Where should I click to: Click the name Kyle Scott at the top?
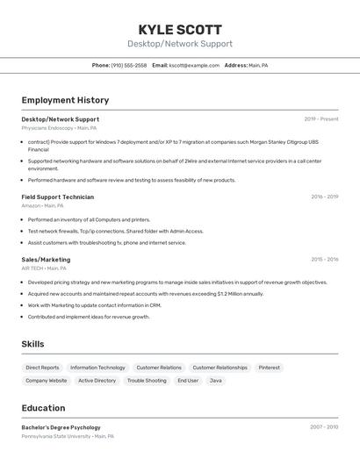(180, 29)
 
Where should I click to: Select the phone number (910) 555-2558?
(129, 65)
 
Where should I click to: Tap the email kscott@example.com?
(194, 65)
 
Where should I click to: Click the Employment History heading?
(65, 100)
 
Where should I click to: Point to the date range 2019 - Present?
(320, 119)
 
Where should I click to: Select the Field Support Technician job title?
(57, 197)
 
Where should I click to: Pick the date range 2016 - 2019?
(324, 197)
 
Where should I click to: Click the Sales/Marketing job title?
(46, 260)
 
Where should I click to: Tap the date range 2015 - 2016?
(324, 260)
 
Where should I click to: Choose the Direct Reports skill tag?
(42, 368)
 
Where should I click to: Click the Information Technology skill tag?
(97, 368)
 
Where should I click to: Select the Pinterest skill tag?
(269, 368)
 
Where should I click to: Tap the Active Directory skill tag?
(97, 381)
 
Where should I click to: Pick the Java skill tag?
(215, 381)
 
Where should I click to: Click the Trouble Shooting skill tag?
(147, 381)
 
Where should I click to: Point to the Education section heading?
(43, 408)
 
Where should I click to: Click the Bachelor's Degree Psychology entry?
(61, 427)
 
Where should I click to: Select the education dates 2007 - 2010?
(323, 427)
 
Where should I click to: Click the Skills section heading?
(32, 344)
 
